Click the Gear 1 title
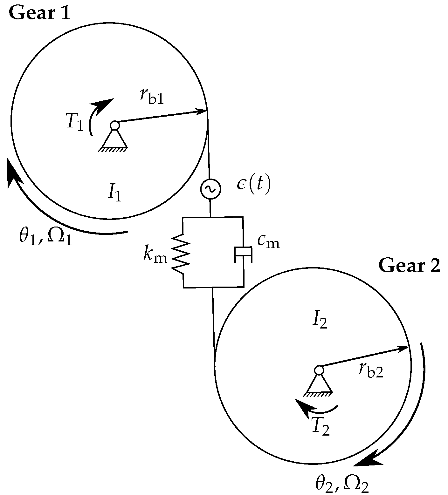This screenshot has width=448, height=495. (39, 13)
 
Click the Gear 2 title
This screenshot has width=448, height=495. (409, 266)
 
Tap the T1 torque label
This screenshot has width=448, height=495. (75, 122)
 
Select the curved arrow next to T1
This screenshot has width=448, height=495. (97, 114)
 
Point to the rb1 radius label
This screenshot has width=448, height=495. (152, 96)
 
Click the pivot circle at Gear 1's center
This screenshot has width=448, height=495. (114, 125)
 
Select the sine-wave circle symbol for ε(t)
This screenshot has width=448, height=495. (210, 189)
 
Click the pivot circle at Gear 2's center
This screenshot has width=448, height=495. (319, 370)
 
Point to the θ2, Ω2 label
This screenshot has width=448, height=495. (342, 485)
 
